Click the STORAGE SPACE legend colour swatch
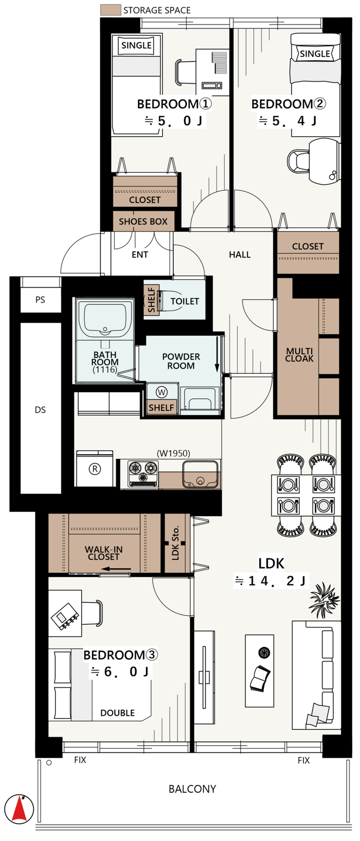110,10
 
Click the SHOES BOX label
143,221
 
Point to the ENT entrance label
140,255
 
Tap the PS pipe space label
40,300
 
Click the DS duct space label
40,410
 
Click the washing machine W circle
161,391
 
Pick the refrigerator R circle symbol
95,469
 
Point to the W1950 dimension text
174,454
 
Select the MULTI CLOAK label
300,355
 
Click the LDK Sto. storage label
176,542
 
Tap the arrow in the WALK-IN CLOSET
118,569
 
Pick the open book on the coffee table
260,678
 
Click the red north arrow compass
20,808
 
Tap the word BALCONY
192,789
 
